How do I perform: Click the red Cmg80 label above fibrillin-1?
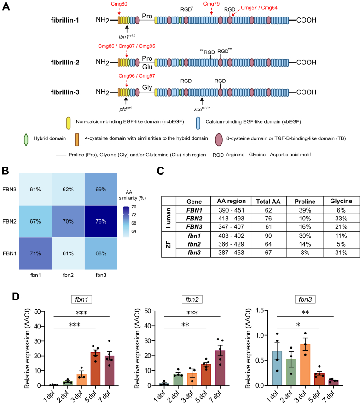coord(119,4)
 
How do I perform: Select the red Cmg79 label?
coord(211,4)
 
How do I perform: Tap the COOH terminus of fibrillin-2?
coord(306,63)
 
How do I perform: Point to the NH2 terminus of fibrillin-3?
coord(103,92)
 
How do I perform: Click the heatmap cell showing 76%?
coord(101,221)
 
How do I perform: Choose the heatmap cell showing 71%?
coord(35,253)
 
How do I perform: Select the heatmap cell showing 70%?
coord(68,221)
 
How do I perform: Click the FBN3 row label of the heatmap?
coord(9,190)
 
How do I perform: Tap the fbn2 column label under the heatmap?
coord(68,275)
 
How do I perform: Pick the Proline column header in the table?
coord(305,201)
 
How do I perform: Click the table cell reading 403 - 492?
coord(231,236)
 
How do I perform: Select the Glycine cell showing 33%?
coord(341,219)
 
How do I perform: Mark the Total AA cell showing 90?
coord(268,236)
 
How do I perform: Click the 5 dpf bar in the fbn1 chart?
coord(95,369)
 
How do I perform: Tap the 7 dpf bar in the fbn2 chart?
coord(220,368)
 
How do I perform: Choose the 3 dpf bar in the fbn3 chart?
coord(305,365)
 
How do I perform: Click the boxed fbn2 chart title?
coord(192,299)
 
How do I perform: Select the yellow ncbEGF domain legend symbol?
coord(69,123)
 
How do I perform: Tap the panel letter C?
coord(161,171)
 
